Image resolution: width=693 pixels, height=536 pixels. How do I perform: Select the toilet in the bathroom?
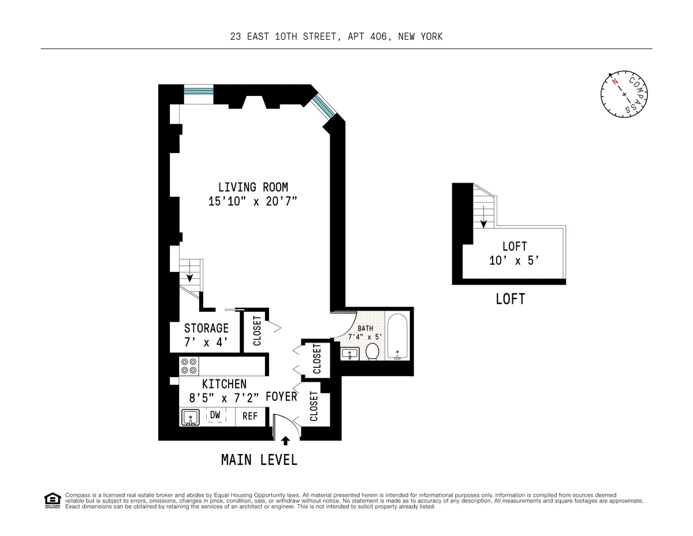[x=372, y=351]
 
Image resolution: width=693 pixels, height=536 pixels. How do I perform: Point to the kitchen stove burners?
[x=188, y=366]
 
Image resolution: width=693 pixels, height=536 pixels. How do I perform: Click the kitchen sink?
[x=189, y=417]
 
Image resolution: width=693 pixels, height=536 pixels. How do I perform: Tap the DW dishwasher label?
[x=215, y=415]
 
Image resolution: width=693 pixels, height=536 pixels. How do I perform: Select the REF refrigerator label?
[x=249, y=416]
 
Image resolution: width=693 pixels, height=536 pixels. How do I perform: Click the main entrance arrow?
[x=285, y=441]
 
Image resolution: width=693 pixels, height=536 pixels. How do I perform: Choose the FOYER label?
[x=281, y=397]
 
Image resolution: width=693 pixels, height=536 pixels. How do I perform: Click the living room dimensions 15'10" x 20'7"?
[x=253, y=202]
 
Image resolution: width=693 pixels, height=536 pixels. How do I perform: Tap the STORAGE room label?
[x=206, y=328]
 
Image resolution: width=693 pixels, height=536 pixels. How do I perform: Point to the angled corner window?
[x=323, y=106]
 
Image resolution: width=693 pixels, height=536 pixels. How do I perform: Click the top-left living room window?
[x=199, y=91]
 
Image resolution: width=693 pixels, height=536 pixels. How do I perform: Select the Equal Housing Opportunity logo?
[x=52, y=500]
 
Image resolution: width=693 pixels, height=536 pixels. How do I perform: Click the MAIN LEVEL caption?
[x=259, y=460]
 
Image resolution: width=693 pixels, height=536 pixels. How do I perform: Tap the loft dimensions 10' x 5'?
[x=514, y=260]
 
